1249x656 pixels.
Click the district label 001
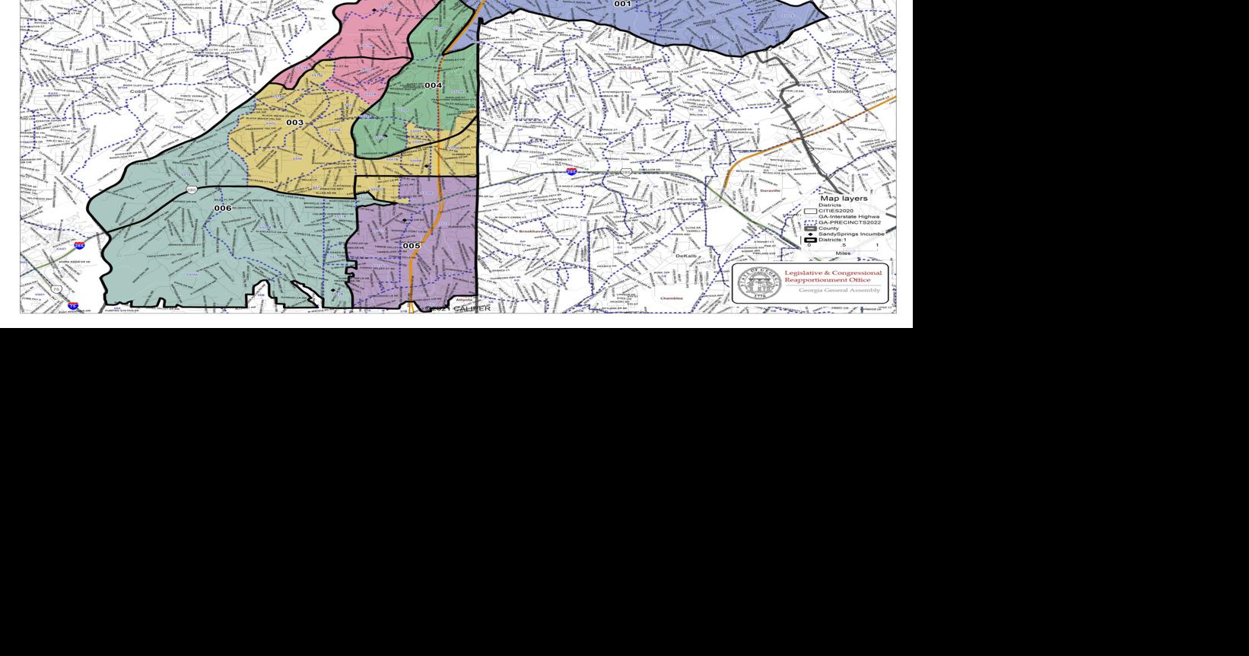[622, 5]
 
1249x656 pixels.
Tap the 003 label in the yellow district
[294, 123]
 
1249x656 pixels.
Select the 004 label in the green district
[433, 85]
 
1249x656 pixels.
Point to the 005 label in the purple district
[411, 246]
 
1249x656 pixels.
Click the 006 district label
[222, 208]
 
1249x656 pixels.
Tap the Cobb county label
[138, 91]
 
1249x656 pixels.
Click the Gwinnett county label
[840, 91]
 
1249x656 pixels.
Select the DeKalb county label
[685, 256]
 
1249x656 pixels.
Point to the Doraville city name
[770, 190]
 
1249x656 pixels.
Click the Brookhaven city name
[532, 231]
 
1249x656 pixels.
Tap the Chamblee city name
[671, 298]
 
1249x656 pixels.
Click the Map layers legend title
[844, 198]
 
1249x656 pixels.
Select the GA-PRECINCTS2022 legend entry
[849, 222]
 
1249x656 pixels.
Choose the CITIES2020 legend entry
[835, 211]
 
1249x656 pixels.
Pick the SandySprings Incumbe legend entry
[850, 234]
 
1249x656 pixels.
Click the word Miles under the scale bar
[843, 253]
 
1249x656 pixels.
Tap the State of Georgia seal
[758, 282]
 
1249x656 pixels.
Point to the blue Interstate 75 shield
[73, 306]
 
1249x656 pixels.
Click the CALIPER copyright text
[464, 308]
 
